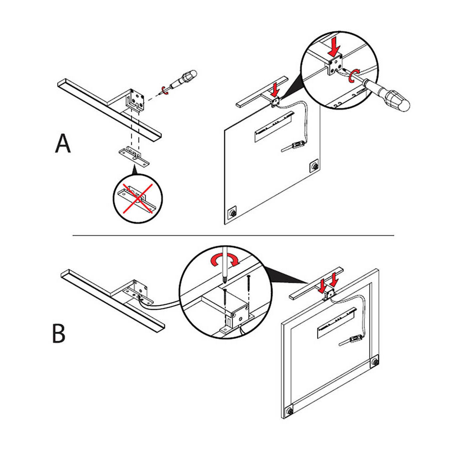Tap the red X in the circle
[136, 198]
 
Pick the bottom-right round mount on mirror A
[313, 166]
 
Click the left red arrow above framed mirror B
[321, 285]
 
